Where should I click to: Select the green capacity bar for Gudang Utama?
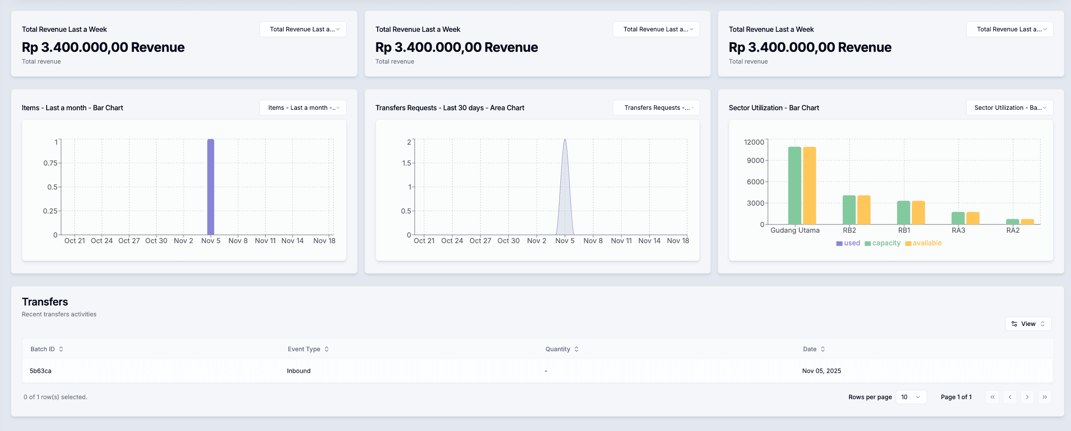tap(795, 186)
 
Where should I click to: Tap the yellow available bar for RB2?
tap(864, 210)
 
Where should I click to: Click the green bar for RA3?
tap(958, 218)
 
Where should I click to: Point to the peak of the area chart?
tap(565, 140)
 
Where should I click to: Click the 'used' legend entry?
tap(848, 243)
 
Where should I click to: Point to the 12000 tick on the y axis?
tap(754, 142)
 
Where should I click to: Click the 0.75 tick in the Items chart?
tap(51, 163)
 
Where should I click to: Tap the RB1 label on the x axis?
tap(904, 230)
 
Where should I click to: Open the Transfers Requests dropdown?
tap(656, 108)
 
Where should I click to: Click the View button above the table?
tap(1028, 324)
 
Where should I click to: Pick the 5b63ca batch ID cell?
tap(41, 371)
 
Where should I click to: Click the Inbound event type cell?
tap(299, 371)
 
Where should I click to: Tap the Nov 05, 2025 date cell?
tap(822, 371)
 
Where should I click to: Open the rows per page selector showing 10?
tap(911, 397)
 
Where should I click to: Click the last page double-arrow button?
tap(1044, 397)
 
